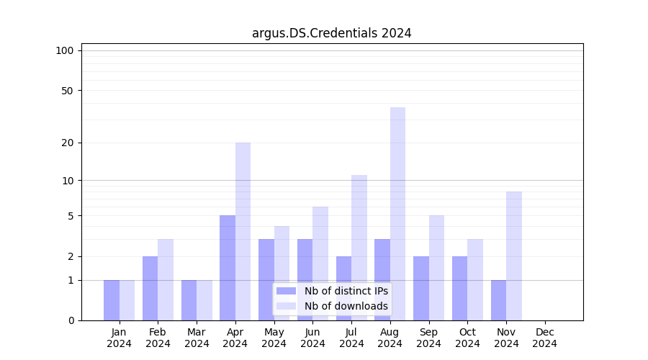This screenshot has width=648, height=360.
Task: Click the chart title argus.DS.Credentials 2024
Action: coord(331,33)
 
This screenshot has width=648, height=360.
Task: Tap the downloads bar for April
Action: coord(243,231)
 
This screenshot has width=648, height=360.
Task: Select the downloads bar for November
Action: coord(514,256)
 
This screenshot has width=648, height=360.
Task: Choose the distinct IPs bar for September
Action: coord(421,288)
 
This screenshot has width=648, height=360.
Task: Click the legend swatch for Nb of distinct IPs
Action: coord(287,291)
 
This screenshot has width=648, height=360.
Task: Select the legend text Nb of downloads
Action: coord(346,306)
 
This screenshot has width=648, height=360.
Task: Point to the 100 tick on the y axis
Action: coord(65,50)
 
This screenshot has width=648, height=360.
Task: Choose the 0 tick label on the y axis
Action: coord(71,320)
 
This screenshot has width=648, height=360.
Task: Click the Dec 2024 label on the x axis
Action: coord(545,338)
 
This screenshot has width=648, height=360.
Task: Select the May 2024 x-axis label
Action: coord(274,338)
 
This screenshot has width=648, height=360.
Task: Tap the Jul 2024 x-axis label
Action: coord(351,338)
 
